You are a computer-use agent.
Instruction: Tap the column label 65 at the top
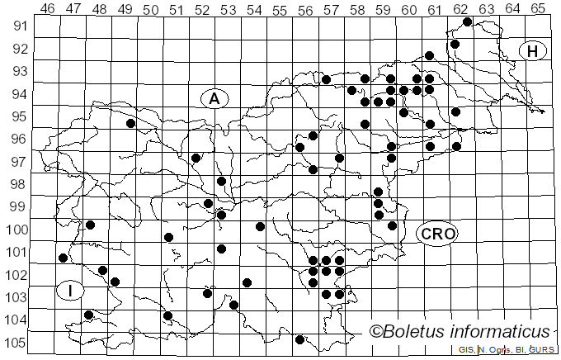click(538, 8)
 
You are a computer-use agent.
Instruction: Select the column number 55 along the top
click(280, 8)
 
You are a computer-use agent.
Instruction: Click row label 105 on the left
click(16, 343)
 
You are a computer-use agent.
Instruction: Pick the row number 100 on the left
click(16, 230)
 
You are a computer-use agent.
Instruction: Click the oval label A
click(214, 98)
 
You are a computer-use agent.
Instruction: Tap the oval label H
click(533, 51)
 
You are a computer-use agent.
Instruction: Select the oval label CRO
click(436, 234)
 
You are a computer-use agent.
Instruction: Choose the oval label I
click(71, 291)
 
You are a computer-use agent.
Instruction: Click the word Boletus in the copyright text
click(417, 332)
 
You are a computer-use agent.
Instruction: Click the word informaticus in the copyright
click(502, 332)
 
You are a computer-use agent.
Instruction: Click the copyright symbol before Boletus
click(376, 332)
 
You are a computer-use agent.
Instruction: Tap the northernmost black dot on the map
click(468, 21)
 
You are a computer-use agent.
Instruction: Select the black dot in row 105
click(299, 339)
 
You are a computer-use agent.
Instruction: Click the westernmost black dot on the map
click(64, 258)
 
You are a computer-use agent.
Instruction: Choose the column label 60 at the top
click(409, 8)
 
